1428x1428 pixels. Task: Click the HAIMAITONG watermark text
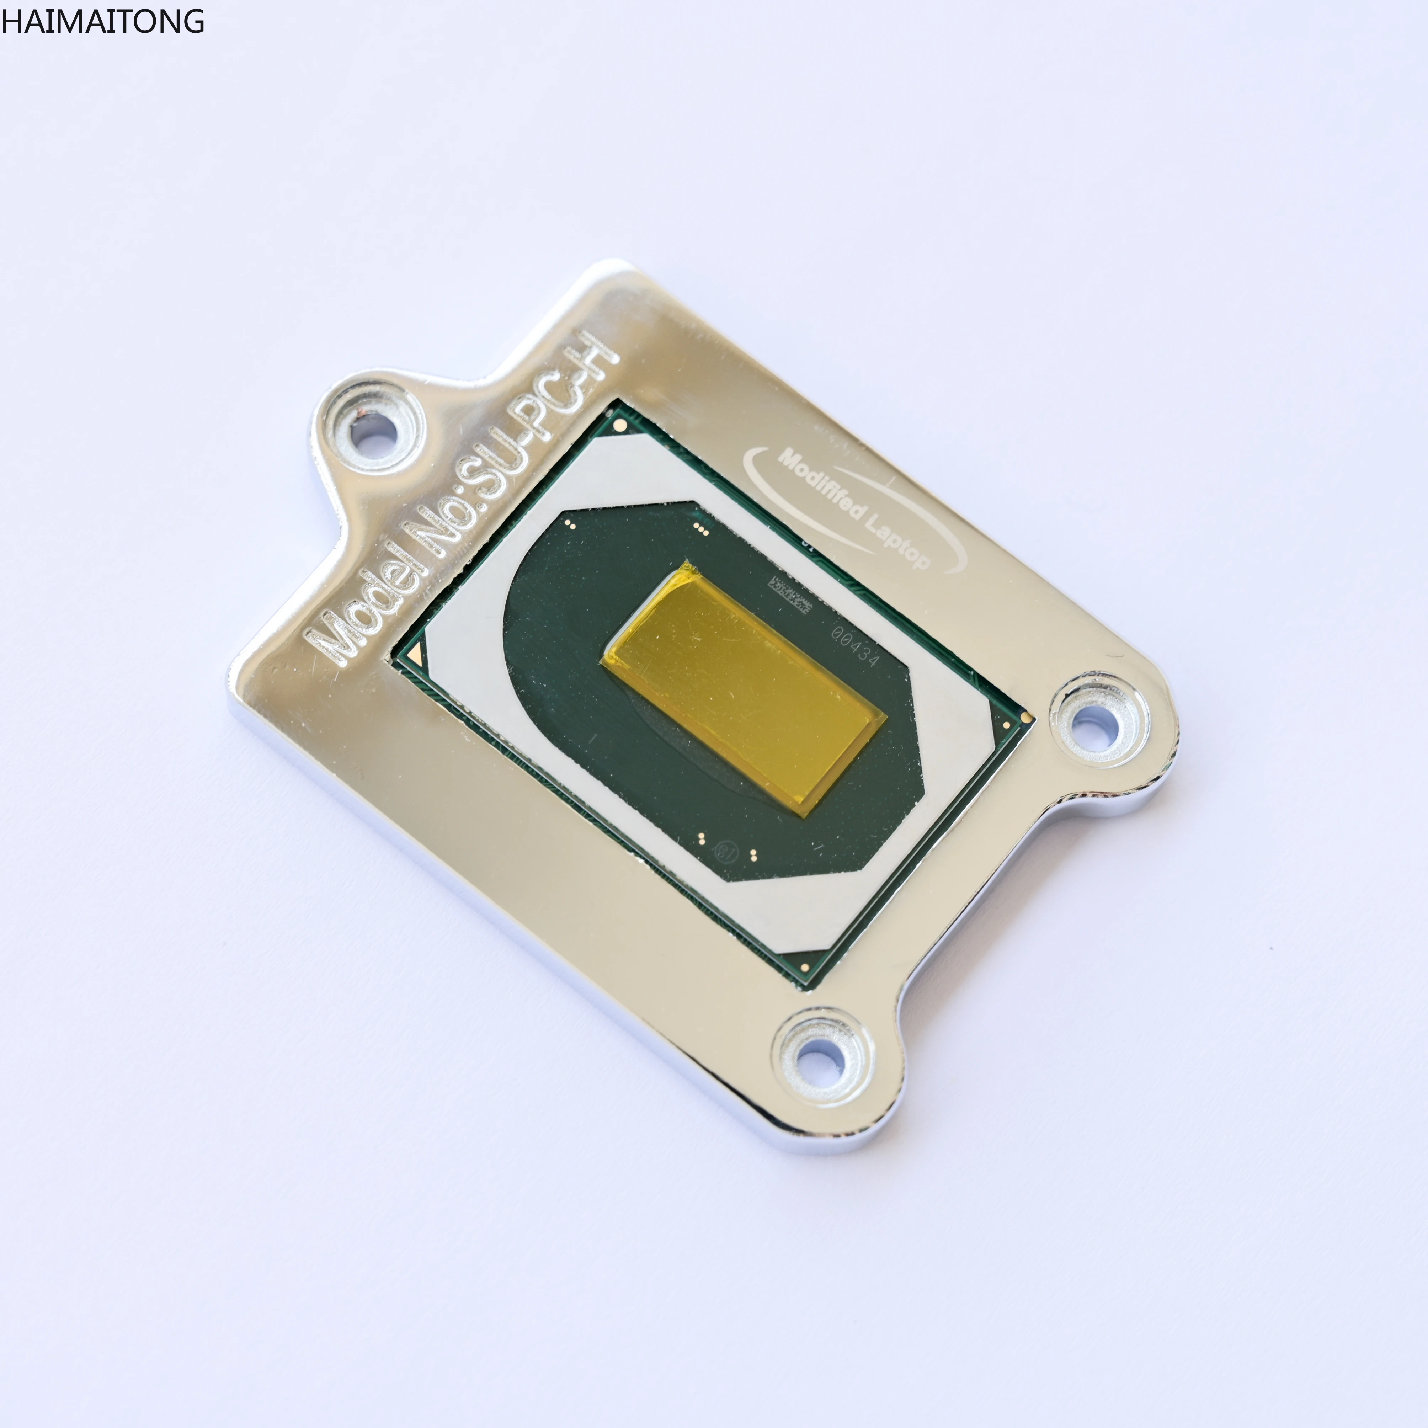coord(102,21)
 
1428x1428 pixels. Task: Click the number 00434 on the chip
coord(855,645)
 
